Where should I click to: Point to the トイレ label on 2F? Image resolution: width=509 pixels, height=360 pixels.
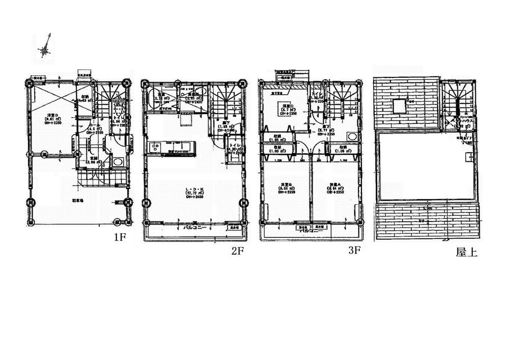coord(233,146)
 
